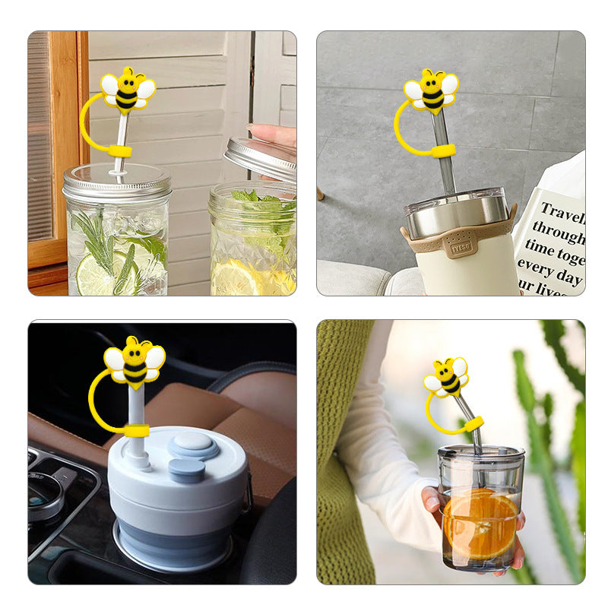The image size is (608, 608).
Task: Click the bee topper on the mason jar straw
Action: pyautogui.click(x=128, y=90)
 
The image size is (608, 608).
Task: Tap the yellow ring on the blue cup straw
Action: pyautogui.click(x=137, y=431)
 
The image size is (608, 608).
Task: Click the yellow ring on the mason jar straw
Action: pyautogui.click(x=119, y=151)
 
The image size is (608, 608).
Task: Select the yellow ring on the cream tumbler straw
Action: pyautogui.click(x=443, y=150)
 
